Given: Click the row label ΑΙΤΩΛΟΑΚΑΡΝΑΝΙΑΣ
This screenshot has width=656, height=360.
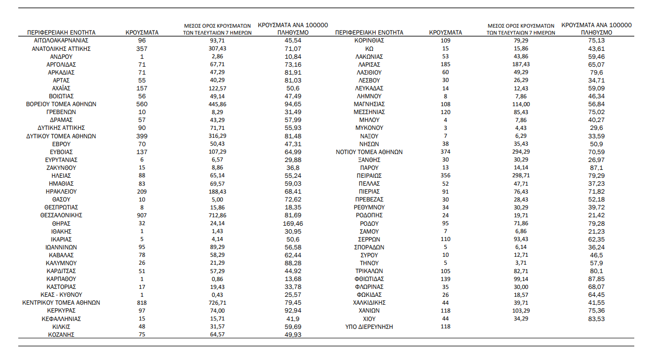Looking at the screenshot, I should (61, 40).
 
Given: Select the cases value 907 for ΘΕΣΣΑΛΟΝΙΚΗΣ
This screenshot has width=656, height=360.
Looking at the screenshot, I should (142, 215).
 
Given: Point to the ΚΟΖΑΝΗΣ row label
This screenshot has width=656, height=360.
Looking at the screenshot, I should (61, 335).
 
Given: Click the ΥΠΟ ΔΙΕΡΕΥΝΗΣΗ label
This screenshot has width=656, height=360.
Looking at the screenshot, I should (369, 327).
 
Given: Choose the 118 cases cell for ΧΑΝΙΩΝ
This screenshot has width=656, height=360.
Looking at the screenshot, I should (445, 311).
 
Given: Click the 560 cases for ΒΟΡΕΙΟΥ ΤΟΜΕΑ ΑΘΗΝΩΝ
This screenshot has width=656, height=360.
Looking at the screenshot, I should (142, 104).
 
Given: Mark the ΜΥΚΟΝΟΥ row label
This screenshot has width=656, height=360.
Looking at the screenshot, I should (369, 128).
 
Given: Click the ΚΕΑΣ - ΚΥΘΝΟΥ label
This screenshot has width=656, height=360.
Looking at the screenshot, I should (61, 295).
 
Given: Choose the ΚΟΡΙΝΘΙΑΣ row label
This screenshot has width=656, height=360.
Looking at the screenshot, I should (369, 40).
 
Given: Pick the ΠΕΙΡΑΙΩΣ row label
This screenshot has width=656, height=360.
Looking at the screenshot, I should (369, 176).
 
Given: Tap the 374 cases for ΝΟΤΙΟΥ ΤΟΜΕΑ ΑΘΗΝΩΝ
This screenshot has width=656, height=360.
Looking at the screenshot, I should (445, 152).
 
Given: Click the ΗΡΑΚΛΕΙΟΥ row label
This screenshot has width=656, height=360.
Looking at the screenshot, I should (61, 192).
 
